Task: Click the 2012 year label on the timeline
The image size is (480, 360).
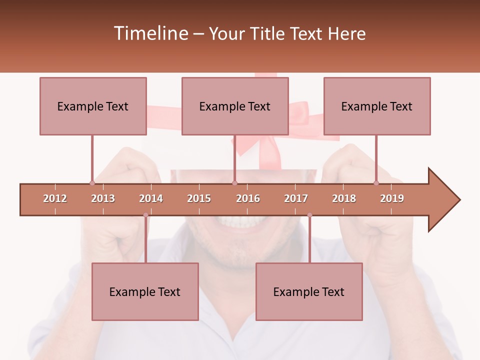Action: pos(55,198)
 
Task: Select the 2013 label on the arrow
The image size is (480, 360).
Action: pos(103,198)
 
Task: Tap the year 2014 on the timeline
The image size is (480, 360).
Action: pos(151,198)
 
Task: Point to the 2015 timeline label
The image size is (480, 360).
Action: pos(199,198)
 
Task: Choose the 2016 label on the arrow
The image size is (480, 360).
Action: pos(248,198)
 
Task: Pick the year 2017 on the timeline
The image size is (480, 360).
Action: pos(296,198)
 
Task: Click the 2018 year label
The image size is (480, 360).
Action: pos(344,198)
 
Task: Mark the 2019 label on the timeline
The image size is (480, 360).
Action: pos(392,198)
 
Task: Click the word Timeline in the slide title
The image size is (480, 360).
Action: pos(149,33)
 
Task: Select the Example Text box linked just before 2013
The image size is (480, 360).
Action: pos(93,106)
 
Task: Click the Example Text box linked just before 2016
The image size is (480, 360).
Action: pos(235,106)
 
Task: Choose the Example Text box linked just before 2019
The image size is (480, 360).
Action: pos(377,106)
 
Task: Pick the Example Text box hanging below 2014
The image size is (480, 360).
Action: pos(145,291)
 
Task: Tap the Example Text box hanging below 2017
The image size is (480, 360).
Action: pos(309,291)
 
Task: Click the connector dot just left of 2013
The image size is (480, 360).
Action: pos(92,183)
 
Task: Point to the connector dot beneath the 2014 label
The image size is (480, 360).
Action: pos(145,215)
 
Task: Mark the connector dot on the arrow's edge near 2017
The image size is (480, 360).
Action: pos(309,215)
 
